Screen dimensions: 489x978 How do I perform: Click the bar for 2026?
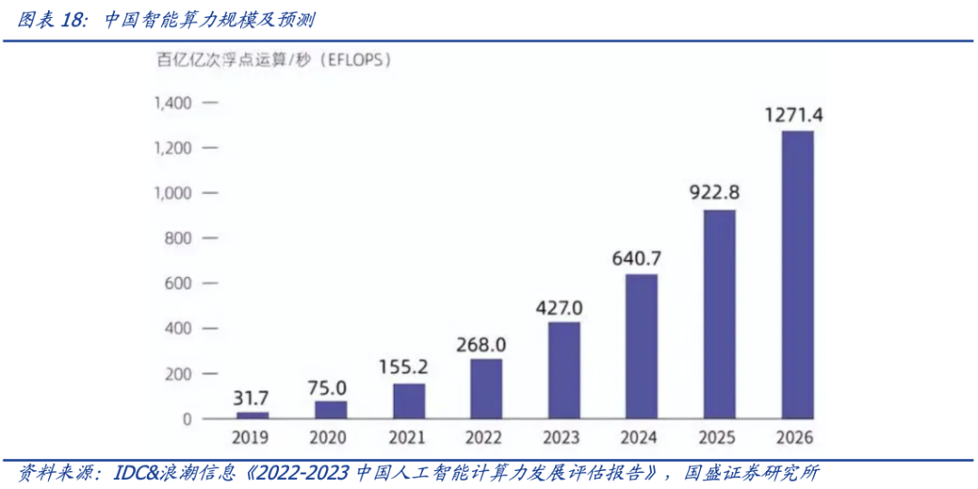click(797, 275)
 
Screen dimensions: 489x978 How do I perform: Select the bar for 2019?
click(253, 416)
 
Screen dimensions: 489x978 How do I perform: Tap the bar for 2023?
click(563, 370)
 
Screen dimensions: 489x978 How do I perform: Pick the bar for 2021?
click(408, 401)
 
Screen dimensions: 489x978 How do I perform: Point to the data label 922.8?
click(719, 193)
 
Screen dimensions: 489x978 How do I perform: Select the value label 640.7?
click(641, 258)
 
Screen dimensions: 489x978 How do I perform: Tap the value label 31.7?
click(252, 397)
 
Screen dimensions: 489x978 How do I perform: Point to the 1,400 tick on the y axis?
click(172, 103)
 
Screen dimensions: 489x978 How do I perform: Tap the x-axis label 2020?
click(331, 439)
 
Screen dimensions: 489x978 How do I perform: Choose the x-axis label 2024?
click(641, 439)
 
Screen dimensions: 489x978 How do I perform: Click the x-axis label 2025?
click(719, 439)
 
